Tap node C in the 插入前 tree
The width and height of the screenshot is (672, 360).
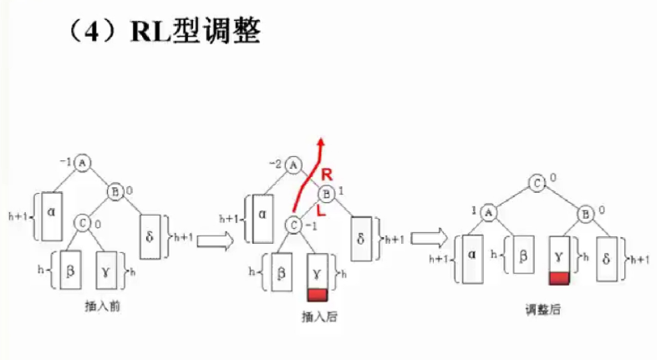81,222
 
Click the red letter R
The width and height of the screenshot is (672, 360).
328,175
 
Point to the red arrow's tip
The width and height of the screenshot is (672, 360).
319,138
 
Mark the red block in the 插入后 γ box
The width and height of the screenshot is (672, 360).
318,294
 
